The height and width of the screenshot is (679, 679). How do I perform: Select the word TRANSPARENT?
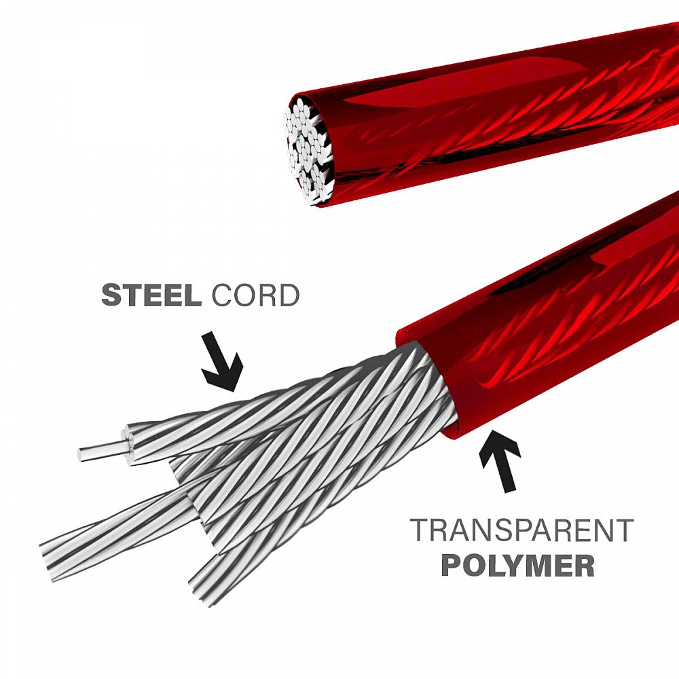point(521,532)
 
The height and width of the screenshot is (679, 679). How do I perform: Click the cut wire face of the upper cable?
point(310,149)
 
